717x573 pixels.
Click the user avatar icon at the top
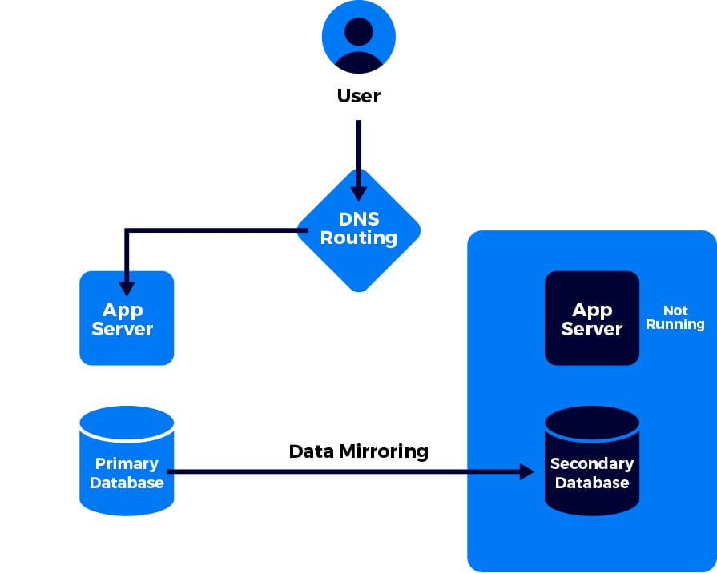coord(358,37)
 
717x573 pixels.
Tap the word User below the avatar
coord(358,97)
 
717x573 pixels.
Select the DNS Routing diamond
coord(358,230)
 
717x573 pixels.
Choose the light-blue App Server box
coord(127,319)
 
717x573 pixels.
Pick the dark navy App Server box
coord(592,319)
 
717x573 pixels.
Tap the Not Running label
coord(675,317)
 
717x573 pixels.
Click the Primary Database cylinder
coord(127,462)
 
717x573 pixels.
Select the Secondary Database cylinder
coord(592,462)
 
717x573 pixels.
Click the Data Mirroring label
coord(358,451)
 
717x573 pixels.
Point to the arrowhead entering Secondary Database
coord(526,471)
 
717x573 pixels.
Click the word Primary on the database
coord(127,463)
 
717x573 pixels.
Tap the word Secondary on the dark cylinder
coord(592,463)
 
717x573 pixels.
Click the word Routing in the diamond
coord(359,238)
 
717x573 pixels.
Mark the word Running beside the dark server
coord(675,324)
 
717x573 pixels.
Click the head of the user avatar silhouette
coord(358,31)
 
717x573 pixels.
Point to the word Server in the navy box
coord(592,329)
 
